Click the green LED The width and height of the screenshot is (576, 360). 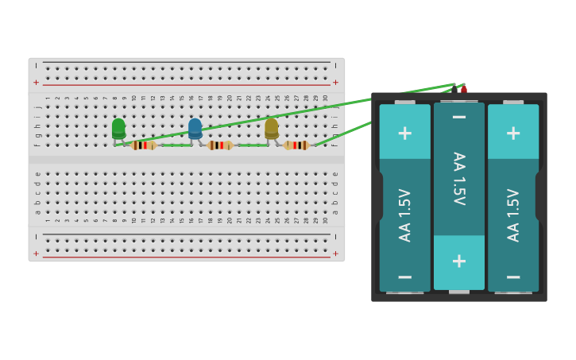(118, 128)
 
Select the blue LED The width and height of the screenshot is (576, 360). (195, 128)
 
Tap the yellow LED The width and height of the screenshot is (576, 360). (272, 128)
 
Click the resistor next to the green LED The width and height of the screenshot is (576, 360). (143, 145)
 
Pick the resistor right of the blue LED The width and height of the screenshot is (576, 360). (220, 145)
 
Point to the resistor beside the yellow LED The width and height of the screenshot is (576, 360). (296, 145)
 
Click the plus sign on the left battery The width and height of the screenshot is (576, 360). (404, 133)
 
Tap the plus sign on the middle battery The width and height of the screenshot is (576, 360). (459, 261)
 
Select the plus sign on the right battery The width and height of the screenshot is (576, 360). (513, 133)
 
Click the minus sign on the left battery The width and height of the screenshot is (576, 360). (404, 277)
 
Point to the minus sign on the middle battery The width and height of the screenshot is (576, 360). (459, 118)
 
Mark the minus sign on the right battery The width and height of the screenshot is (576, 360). (513, 277)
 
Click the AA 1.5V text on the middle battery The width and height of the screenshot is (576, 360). (459, 179)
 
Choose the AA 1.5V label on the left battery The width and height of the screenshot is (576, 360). (405, 215)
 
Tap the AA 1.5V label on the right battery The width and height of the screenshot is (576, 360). (513, 215)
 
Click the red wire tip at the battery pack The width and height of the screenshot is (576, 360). (463, 88)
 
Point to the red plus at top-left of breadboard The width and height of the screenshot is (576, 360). (36, 83)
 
